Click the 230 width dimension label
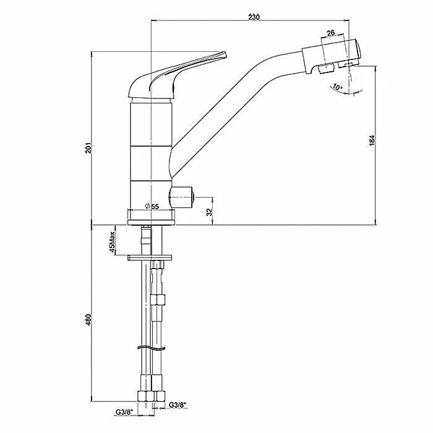[254, 17]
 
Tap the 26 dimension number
[330, 33]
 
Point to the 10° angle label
[337, 87]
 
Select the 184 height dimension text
[372, 140]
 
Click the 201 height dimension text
[88, 148]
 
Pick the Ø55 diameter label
[152, 206]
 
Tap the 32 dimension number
[210, 212]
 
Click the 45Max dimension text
[112, 242]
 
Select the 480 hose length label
[88, 320]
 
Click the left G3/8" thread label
[124, 413]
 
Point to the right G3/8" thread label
[178, 405]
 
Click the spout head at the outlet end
[331, 57]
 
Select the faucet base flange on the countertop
[151, 222]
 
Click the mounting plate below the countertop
[150, 258]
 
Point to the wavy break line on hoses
[152, 348]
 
